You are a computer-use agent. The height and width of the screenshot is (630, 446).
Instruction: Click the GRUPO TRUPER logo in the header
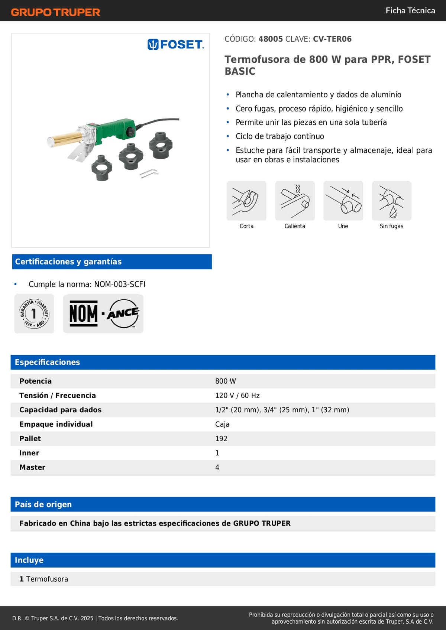tap(56, 12)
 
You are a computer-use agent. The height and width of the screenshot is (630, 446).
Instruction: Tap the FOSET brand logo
tap(176, 45)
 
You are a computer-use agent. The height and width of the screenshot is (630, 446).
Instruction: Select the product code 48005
tap(271, 39)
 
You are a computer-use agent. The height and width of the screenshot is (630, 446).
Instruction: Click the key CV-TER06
tap(332, 39)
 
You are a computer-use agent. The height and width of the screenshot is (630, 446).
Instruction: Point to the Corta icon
tap(246, 201)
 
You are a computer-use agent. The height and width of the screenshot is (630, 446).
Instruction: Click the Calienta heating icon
tap(295, 201)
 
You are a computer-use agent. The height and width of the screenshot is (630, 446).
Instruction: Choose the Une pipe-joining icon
tap(343, 201)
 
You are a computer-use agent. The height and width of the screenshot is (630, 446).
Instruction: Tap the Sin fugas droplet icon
tap(391, 201)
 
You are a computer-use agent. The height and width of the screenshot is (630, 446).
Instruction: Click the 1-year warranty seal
tap(34, 314)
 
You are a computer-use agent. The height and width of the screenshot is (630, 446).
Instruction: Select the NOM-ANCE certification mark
tap(103, 314)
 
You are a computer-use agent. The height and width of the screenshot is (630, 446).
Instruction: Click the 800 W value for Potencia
tap(226, 381)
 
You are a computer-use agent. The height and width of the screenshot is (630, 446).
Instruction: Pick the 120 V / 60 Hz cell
tap(237, 396)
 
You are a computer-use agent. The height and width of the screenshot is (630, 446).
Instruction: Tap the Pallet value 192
tap(221, 439)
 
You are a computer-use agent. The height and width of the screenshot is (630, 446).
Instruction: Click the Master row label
tap(32, 467)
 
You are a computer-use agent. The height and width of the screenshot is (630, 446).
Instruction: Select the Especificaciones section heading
tap(47, 362)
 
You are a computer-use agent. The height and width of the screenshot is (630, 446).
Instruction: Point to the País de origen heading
tap(43, 504)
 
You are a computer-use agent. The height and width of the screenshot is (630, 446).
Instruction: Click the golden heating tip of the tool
tap(63, 139)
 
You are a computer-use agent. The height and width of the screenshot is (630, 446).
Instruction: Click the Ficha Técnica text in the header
tap(410, 10)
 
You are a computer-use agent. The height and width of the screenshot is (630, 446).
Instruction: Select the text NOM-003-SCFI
tap(120, 284)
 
